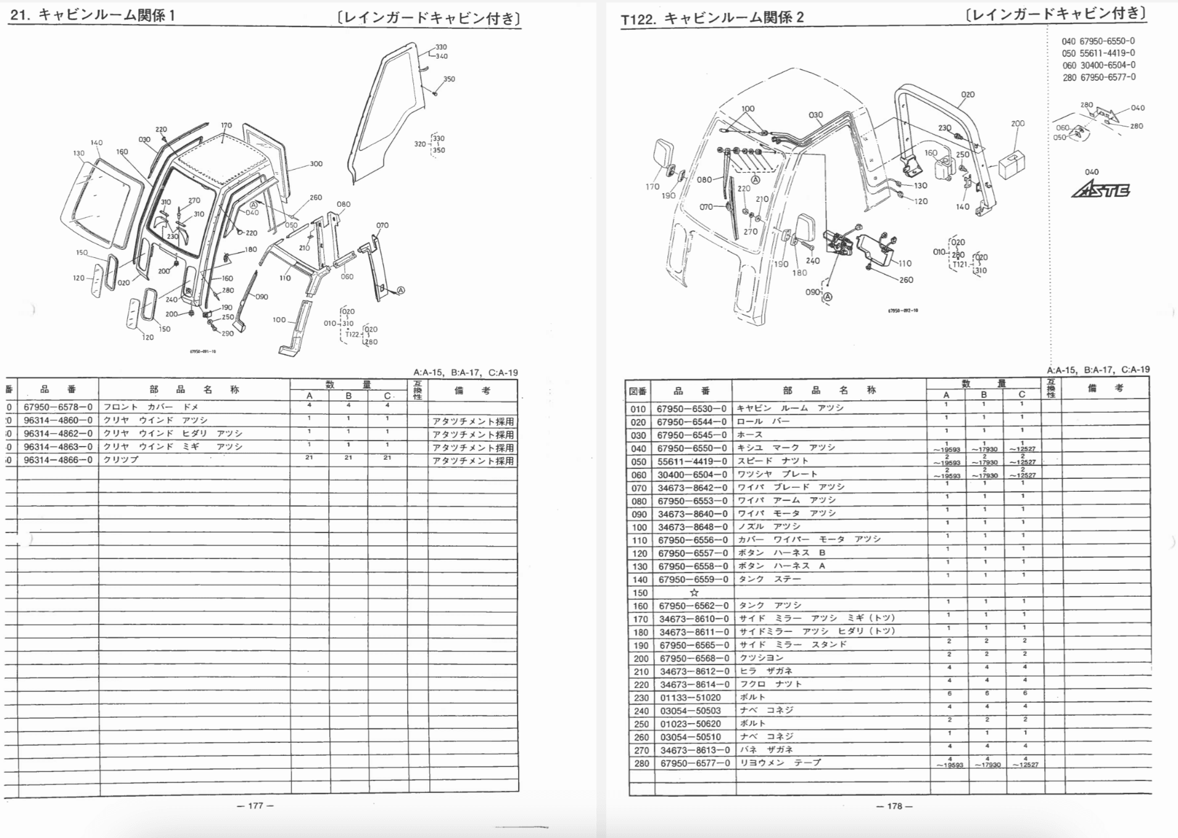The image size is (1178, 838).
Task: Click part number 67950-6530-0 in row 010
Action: [x=691, y=409]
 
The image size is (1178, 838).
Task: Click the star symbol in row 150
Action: [x=694, y=592]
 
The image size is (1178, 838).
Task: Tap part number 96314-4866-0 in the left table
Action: [x=58, y=460]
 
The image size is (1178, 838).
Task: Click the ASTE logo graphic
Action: [x=1102, y=191]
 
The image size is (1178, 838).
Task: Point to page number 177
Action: [x=255, y=805]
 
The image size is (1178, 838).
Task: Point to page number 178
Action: [x=894, y=806]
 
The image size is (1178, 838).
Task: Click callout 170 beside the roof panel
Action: [x=226, y=125]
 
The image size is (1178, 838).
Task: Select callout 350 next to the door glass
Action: [x=449, y=79]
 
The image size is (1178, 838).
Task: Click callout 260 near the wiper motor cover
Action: [x=906, y=280]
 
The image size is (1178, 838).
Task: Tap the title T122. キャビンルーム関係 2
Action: [x=712, y=19]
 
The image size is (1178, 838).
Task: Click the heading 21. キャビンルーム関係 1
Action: [x=93, y=15]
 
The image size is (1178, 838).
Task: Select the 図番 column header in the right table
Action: [x=638, y=391]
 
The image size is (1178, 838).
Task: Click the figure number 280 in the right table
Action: [x=641, y=763]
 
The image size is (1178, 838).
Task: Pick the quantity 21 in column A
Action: [x=309, y=458]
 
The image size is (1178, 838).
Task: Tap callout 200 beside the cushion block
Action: [x=1018, y=123]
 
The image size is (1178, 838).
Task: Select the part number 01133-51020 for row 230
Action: [x=690, y=697]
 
